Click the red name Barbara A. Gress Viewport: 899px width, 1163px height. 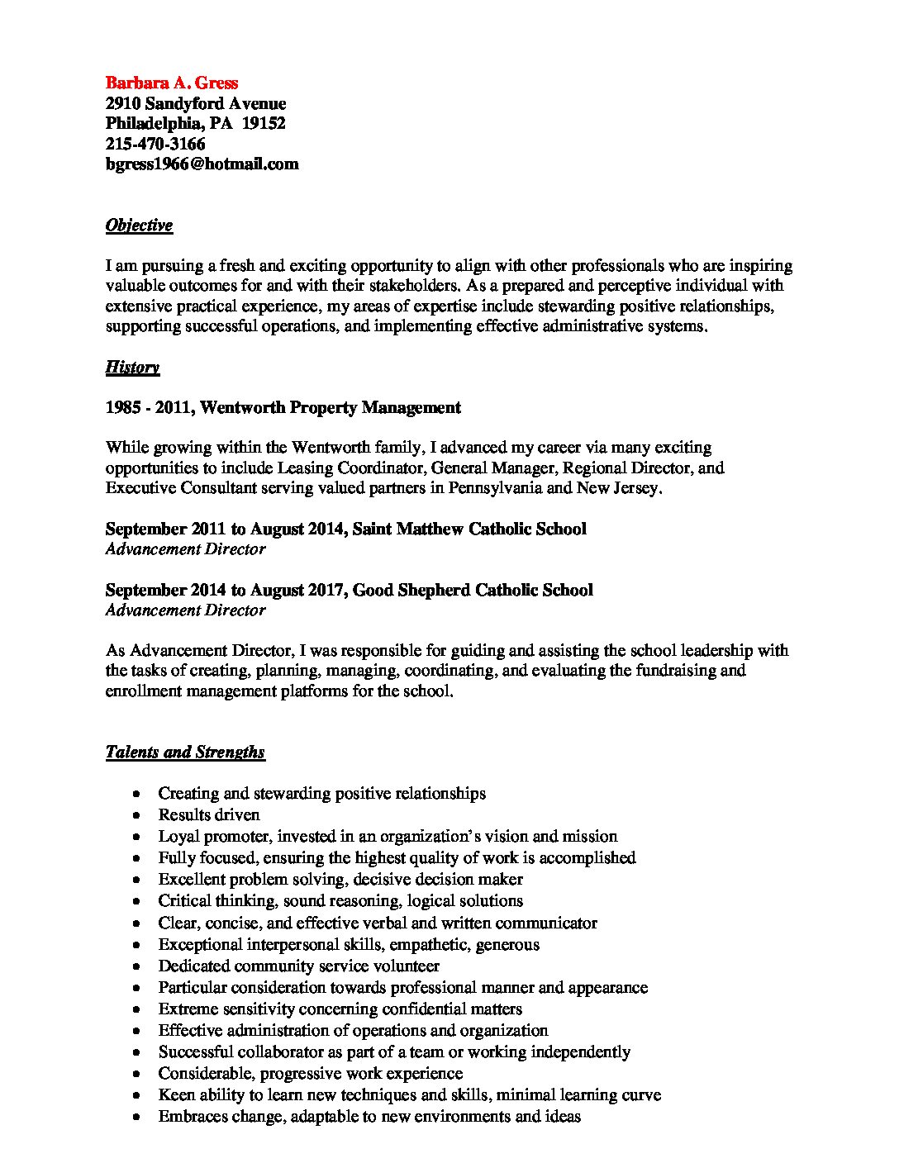pyautogui.click(x=171, y=83)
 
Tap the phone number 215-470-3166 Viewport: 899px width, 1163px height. pyautogui.click(x=155, y=144)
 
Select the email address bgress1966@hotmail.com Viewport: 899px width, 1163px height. pyautogui.click(x=202, y=164)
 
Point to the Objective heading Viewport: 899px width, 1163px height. pyautogui.click(x=139, y=225)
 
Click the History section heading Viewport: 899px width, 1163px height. pyautogui.click(x=132, y=368)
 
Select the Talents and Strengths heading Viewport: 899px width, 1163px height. pyautogui.click(x=185, y=752)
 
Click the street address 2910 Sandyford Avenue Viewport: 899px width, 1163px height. pyautogui.click(x=196, y=103)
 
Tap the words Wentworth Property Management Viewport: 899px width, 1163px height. pyautogui.click(x=331, y=407)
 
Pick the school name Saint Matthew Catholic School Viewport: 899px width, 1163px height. pyautogui.click(x=469, y=529)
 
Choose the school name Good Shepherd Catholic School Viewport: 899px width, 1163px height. pyautogui.click(x=473, y=590)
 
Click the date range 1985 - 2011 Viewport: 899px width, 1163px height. pyautogui.click(x=149, y=407)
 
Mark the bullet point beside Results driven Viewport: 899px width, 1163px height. pyautogui.click(x=136, y=815)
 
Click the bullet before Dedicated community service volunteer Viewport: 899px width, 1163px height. pyautogui.click(x=136, y=966)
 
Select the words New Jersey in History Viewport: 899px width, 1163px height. pyautogui.click(x=618, y=488)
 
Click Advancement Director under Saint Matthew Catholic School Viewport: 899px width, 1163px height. pyautogui.click(x=185, y=549)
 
